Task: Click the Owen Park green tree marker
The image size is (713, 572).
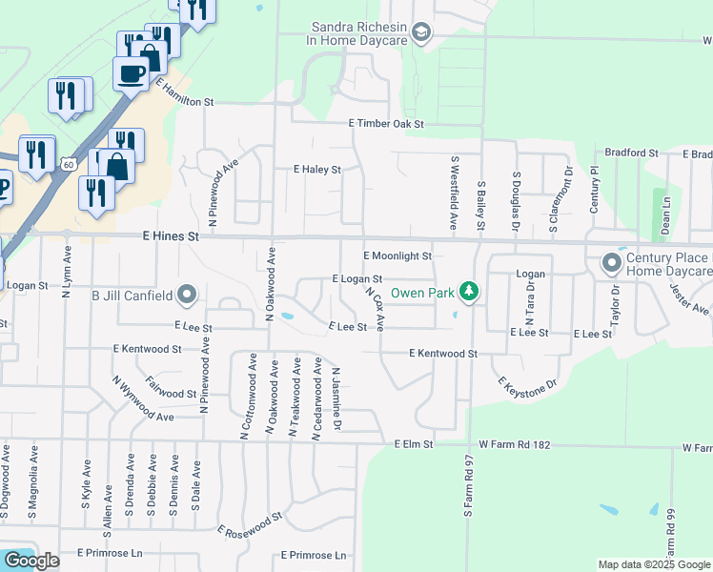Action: [x=468, y=289]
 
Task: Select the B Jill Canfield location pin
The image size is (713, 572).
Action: [x=187, y=295]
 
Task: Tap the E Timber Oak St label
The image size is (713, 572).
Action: [x=385, y=124]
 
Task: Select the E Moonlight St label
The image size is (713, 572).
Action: [x=397, y=255]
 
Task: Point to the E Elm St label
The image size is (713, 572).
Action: [x=414, y=444]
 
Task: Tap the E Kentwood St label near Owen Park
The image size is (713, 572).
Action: [x=442, y=353]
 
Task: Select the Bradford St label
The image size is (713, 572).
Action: [x=632, y=153]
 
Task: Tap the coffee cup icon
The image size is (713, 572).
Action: [x=131, y=72]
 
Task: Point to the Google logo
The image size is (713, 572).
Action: [x=31, y=561]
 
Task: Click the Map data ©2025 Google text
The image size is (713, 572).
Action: [x=653, y=564]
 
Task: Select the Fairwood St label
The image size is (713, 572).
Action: [x=172, y=392]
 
